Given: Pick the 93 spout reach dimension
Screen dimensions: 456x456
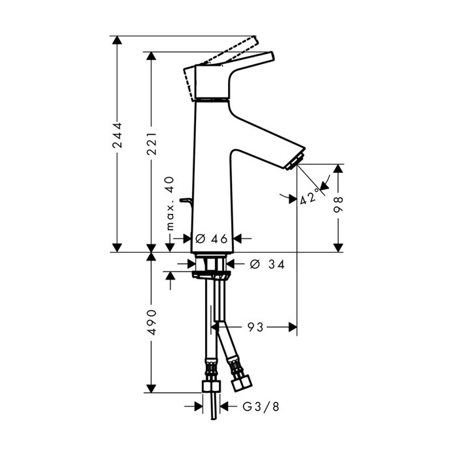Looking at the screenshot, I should click(255, 327).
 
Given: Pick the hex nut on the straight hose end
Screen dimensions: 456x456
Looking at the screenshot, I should click(210, 387).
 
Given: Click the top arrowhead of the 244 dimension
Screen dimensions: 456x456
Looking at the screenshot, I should click(117, 40).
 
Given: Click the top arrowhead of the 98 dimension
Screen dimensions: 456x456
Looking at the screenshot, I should click(337, 169).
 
